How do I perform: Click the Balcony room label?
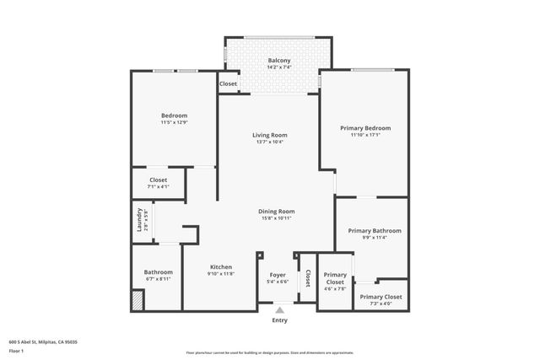(279, 61)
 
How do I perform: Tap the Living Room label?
(270, 135)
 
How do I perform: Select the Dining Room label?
(276, 211)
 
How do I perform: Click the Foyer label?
(278, 275)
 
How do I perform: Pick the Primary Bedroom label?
(365, 128)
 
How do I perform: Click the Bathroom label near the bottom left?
(158, 272)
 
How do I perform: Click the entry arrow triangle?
(279, 310)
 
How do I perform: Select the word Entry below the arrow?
(279, 320)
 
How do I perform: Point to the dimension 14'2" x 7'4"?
(279, 68)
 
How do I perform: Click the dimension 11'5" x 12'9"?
(174, 123)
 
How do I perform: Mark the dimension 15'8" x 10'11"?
(276, 218)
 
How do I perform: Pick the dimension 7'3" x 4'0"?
(381, 304)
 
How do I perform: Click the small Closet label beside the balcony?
(228, 84)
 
